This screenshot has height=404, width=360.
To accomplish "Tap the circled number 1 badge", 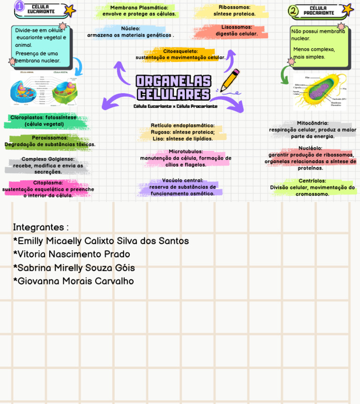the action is (x=19, y=6).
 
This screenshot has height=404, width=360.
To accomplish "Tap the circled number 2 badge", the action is (x=293, y=10).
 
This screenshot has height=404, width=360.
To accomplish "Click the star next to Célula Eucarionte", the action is (x=69, y=10).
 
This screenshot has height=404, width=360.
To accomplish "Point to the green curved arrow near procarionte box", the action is (x=285, y=75).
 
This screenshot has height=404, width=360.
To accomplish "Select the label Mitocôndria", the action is (x=313, y=123).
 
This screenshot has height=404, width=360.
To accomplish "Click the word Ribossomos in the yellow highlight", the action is (x=234, y=7).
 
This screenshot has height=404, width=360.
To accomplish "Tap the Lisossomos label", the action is (x=237, y=27).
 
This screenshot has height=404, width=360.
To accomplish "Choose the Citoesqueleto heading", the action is (x=180, y=51).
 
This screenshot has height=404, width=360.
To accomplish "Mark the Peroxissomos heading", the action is (x=50, y=138).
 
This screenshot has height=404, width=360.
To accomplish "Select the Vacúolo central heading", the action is (x=182, y=180).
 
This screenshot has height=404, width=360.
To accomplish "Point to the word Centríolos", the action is (x=312, y=181).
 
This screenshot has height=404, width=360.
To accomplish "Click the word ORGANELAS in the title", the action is (x=173, y=81).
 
